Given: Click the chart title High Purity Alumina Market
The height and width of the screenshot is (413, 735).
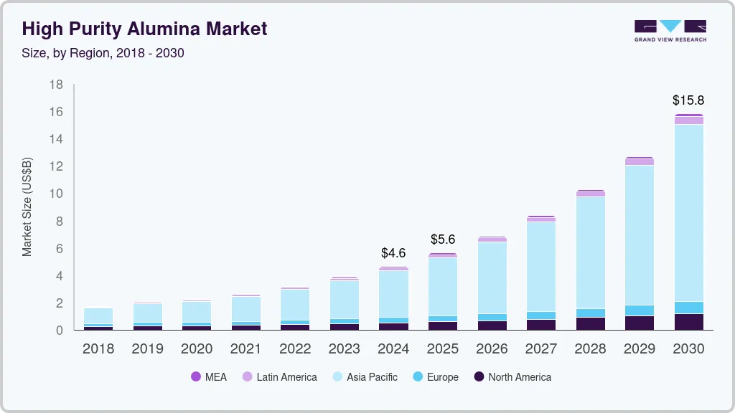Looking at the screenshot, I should coord(144,29).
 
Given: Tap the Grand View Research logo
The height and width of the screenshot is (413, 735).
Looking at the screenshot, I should coord(670,30).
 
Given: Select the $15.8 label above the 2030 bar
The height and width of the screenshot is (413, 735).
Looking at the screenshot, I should coord(688,100).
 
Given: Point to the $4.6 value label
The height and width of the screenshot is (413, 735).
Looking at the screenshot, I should coord(393,253).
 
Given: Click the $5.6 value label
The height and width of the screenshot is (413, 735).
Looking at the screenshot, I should coord(443,239).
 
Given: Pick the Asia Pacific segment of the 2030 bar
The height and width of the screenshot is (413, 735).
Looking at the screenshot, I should coord(688,212).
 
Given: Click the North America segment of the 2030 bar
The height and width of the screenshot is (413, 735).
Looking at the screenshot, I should coord(688,322).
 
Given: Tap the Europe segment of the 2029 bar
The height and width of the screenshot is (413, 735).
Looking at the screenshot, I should coord(640,310).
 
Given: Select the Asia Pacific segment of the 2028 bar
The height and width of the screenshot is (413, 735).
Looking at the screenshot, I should coord(590,252).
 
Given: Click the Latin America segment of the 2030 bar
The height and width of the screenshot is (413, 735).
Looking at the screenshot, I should coord(688,120).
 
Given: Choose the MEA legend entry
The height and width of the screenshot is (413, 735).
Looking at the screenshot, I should coord(209,377).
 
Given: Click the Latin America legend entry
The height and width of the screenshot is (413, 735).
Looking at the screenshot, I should coord(280,377).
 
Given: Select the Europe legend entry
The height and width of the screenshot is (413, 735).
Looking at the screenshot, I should coord(436,377).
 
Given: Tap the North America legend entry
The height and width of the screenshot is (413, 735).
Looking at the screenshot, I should coord(512,377).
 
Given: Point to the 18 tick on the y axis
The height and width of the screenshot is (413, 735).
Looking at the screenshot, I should coord(57,85).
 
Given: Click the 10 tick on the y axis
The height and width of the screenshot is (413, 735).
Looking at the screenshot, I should coord(57,194).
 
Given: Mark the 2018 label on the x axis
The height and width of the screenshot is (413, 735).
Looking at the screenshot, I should coord(98,349).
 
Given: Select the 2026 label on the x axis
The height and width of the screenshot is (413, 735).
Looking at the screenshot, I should coord(492,349).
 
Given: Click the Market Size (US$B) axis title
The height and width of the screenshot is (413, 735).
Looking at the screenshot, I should coord(27,207).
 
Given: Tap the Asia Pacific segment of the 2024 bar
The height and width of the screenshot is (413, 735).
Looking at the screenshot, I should coord(393,294).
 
